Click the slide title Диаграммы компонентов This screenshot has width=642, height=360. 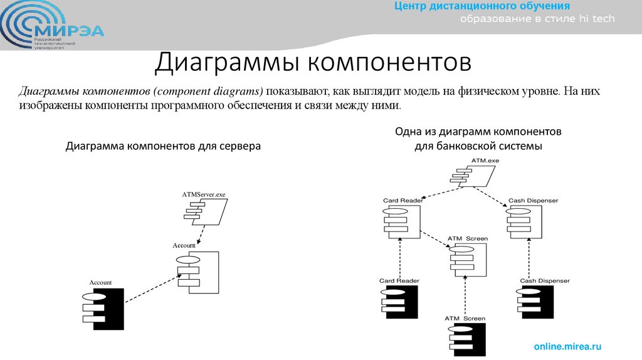coord(312,63)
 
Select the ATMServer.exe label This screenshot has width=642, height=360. coord(203,195)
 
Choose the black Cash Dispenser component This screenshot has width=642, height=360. coord(535,302)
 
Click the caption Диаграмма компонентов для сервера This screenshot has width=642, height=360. coord(163,146)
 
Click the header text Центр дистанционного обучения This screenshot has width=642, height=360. coord(481,7)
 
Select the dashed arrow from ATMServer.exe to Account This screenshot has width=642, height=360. coord(200,235)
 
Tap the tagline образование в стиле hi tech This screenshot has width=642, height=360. coord(538,19)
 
